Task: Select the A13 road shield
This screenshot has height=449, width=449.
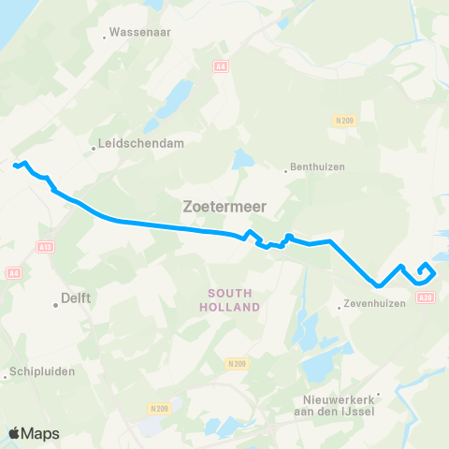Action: pos(44,247)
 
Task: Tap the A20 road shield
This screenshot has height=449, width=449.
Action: pos(427,297)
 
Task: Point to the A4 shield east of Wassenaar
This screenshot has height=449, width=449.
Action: pos(220,65)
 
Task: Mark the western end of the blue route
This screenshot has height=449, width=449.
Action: pos(15,167)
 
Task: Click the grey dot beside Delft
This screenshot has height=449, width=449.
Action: pos(55,303)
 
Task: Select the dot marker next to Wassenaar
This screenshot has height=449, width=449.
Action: pos(104,37)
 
